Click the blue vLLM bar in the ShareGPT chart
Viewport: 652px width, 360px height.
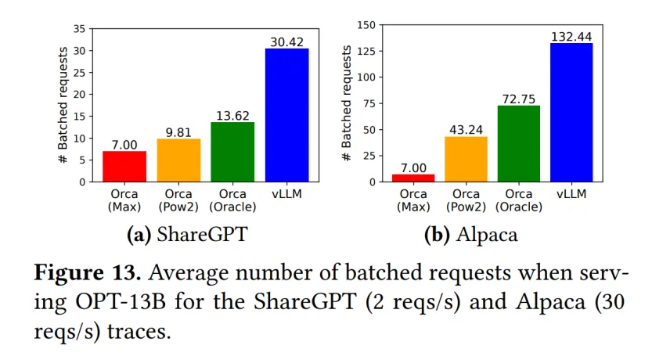286,115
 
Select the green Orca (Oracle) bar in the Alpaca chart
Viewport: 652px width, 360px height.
518,144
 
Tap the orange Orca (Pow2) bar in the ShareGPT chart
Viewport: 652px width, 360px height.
178,160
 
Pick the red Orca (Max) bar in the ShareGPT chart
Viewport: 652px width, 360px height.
124,167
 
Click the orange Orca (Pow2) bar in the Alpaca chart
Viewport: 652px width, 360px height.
466,160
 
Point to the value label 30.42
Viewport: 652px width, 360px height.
286,41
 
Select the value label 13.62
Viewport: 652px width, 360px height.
232,114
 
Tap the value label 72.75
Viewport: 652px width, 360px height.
518,98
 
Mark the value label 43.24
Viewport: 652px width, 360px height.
466,129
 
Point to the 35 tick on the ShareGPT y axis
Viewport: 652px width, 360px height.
78,29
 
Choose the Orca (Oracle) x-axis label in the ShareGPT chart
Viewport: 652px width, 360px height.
232,200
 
